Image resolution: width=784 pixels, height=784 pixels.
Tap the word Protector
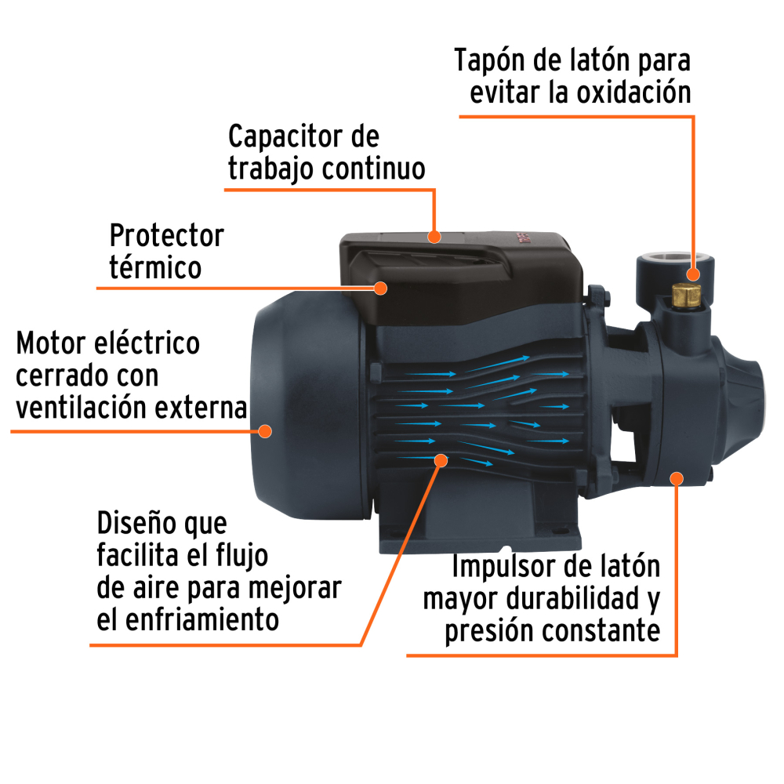(166, 234)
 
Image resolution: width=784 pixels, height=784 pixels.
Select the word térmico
(155, 267)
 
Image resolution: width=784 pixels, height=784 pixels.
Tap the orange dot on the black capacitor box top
(434, 235)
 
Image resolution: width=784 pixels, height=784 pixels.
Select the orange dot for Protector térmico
(381, 287)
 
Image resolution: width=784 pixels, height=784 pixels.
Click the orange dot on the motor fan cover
(265, 430)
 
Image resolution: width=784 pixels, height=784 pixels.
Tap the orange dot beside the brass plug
(693, 274)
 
